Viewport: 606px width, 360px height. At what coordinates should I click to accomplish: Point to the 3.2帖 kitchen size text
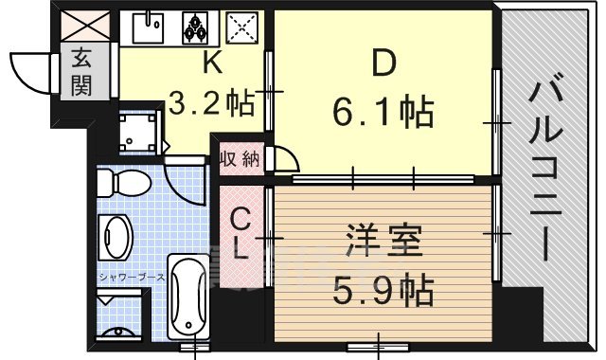[211, 101]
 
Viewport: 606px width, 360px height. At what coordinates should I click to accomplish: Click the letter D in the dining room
[382, 64]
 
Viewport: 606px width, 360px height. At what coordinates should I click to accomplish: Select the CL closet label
[242, 235]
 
